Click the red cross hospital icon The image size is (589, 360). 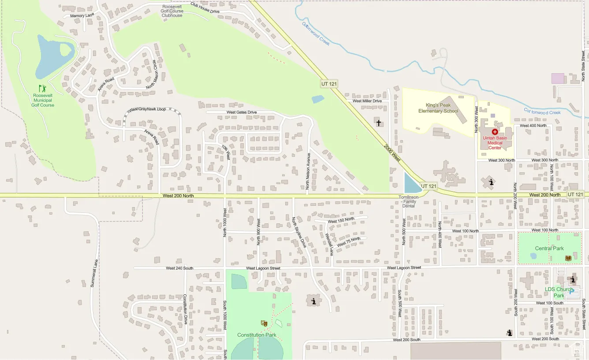pos(495,132)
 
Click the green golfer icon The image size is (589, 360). pos(42,89)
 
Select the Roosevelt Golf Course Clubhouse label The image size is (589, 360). pos(172,11)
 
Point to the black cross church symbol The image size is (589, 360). pos(378,122)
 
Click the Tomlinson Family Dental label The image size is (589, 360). pos(409,201)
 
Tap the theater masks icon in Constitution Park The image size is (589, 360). pos(264,323)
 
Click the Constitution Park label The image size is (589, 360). pos(257,335)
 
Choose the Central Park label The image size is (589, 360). pos(549,249)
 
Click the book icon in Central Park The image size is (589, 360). pos(568,258)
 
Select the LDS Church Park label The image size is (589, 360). pos(559,293)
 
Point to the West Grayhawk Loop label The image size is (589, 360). pos(148,109)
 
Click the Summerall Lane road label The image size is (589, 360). pos(94,273)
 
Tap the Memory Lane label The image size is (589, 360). pos(82,16)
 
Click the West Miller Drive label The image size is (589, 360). pos(367,101)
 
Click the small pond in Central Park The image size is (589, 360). pos(533,256)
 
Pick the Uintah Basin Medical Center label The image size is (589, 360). pos(494,143)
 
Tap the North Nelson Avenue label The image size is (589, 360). pos(308,171)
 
